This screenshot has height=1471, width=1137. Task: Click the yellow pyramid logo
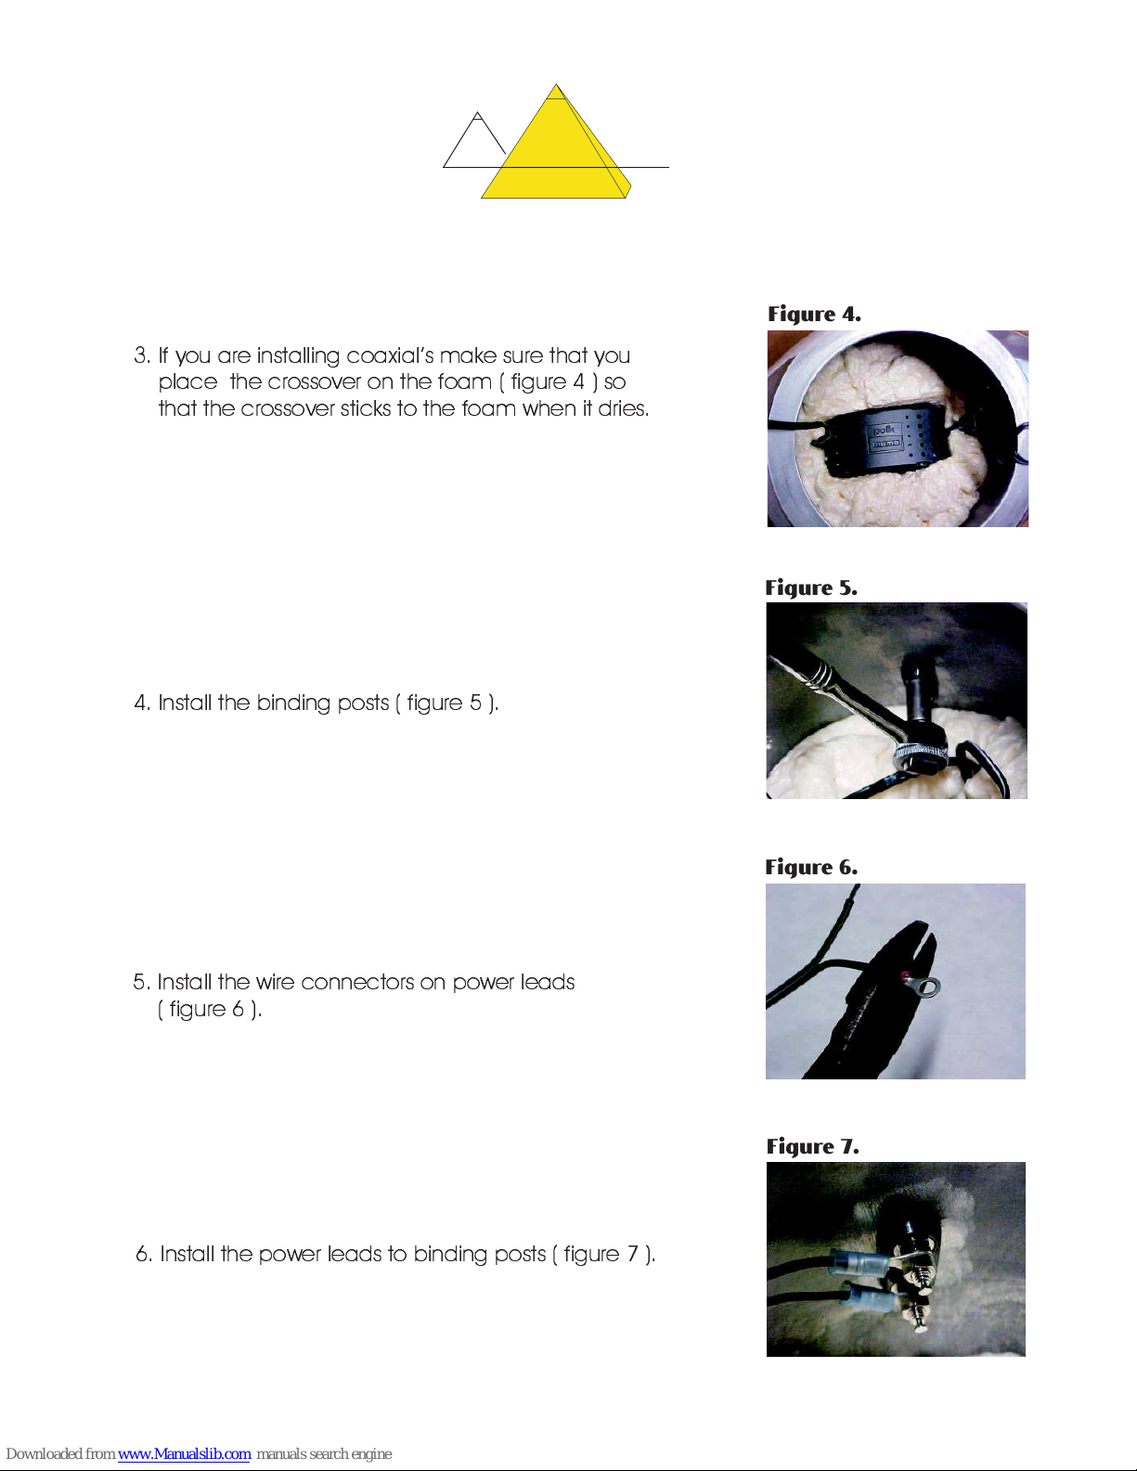point(556,146)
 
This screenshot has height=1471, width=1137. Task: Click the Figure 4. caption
point(814,315)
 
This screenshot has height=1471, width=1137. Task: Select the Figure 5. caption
point(811,588)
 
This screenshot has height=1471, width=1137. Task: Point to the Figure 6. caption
point(811,867)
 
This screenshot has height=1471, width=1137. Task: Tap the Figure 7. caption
point(813,1146)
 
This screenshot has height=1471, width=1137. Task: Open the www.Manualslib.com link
point(184,1453)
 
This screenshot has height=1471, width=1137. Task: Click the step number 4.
point(141,703)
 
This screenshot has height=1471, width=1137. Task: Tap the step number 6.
point(144,1255)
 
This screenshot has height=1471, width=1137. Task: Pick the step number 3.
point(141,355)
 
